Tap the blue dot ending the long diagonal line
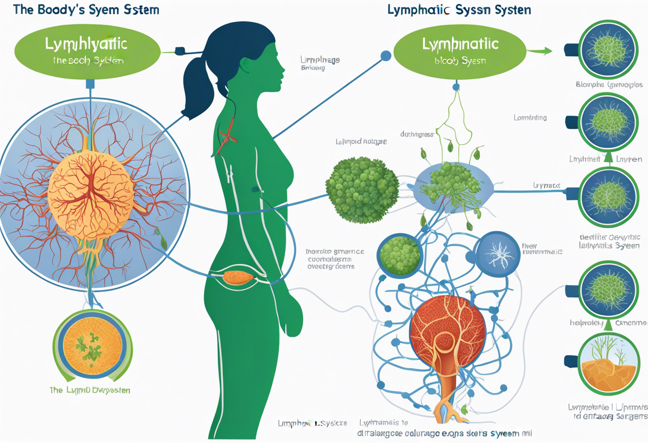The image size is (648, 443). click(x=385, y=55)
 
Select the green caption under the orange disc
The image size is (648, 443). click(x=89, y=390)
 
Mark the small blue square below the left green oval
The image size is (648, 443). click(x=90, y=84)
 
